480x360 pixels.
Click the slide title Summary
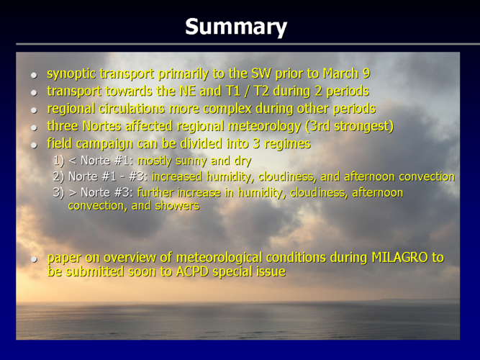236,27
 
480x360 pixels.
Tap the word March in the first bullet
340,73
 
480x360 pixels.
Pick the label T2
261,91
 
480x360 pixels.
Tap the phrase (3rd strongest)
349,126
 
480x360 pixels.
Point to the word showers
177,206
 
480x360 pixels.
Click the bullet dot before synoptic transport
34,75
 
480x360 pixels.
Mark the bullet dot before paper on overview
34,259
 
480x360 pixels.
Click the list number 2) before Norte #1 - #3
58,177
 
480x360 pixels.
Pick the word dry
243,161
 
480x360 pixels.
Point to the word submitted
94,271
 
